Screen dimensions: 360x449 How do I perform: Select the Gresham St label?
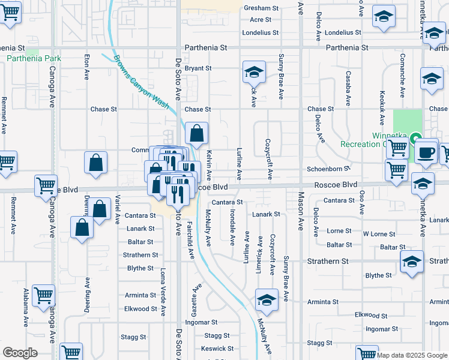point(261,8)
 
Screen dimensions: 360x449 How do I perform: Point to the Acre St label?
point(261,20)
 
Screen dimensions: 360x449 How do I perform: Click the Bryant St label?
point(198,68)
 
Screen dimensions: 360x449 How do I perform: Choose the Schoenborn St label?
point(328,169)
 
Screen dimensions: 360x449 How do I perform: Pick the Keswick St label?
point(217,349)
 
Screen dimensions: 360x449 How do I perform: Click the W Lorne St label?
point(379,234)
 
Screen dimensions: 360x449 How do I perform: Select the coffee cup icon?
point(426,152)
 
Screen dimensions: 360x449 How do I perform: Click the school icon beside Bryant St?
point(254,73)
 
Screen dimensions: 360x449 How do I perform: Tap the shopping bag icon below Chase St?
point(196,133)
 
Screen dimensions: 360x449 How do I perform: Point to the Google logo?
point(20,353)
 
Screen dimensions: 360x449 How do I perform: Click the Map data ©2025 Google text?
point(412,355)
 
